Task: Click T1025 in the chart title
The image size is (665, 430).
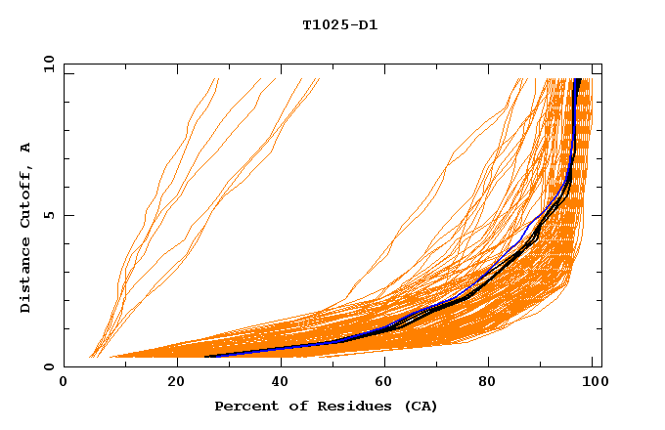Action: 324,24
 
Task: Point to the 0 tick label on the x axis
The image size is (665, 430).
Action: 64,382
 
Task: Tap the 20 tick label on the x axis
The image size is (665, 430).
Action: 177,382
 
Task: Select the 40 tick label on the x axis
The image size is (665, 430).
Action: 283,382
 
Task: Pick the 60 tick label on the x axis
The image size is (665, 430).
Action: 388,382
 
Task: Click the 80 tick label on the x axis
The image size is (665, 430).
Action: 494,382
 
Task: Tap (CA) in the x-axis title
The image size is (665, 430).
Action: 419,406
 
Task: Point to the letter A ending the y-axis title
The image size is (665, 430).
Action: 25,148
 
